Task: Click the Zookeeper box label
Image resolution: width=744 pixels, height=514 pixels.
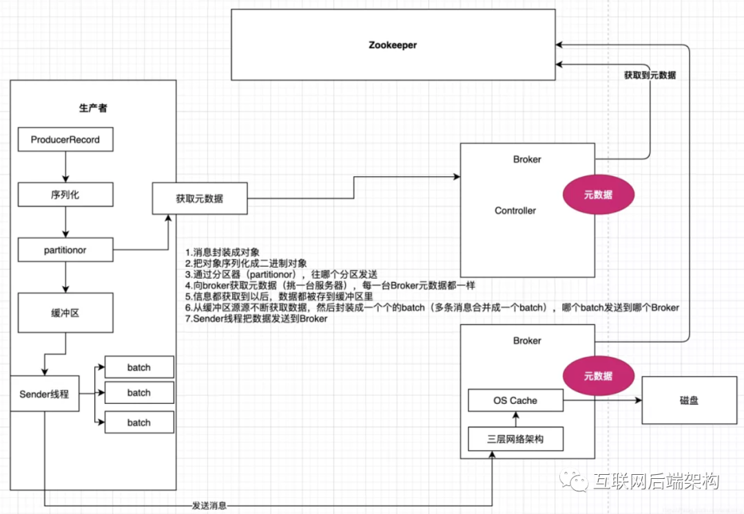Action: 392,45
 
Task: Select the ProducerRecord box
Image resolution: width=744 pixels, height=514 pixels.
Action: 65,140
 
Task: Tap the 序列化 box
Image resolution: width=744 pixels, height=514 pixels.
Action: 65,195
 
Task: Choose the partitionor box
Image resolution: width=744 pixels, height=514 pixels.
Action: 65,250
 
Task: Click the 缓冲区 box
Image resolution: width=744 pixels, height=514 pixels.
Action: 65,313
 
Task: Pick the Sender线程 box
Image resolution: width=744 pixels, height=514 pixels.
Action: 44,395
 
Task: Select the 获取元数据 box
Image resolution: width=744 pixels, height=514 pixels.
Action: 199,199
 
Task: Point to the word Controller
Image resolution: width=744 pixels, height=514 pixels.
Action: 515,211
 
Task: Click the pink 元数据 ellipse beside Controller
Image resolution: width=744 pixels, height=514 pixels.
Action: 598,195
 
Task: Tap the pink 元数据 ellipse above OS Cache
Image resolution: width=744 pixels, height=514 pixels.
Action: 598,376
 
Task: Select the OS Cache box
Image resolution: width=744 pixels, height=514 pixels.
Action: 515,400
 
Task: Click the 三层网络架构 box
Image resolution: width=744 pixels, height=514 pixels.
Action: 515,438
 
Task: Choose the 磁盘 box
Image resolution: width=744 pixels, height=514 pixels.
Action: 689,400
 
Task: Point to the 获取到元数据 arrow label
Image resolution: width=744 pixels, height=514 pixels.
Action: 649,75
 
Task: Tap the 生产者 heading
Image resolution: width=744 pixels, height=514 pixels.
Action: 93,108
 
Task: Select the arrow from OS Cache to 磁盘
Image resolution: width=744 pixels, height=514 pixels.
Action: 602,400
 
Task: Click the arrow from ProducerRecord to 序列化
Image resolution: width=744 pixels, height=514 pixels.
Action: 65,167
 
